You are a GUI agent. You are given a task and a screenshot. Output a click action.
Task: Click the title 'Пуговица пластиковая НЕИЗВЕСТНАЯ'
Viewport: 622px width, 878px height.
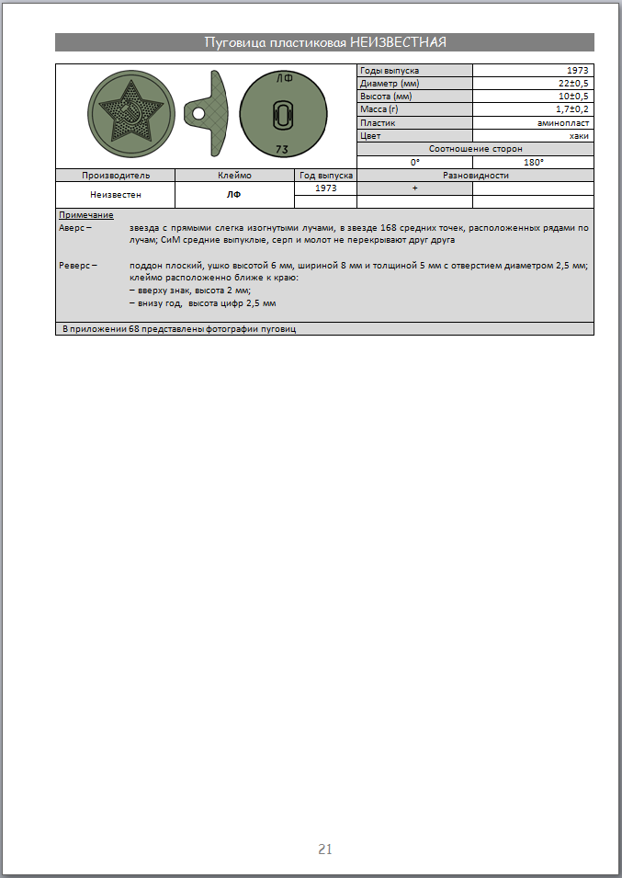(324, 42)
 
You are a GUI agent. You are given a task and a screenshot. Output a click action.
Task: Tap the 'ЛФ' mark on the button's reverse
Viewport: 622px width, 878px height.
(284, 79)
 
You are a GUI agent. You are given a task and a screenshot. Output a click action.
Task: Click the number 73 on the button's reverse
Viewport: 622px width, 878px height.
(284, 148)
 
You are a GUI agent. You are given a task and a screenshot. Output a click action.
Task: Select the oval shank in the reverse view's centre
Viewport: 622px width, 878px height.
(284, 115)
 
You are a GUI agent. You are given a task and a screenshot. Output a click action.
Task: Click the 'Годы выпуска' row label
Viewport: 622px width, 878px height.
(384, 71)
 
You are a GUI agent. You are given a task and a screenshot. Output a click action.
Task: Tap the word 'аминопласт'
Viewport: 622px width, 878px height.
(563, 122)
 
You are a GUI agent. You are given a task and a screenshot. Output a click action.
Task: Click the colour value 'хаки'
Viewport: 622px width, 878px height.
(580, 135)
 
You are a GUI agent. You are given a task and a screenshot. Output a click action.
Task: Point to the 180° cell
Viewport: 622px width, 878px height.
(533, 162)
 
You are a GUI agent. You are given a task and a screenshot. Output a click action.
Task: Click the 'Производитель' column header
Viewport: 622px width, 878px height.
(115, 175)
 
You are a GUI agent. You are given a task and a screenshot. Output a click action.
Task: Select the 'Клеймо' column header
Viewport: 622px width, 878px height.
(234, 175)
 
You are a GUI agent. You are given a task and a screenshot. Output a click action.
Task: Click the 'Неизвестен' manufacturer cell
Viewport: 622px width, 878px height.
(115, 194)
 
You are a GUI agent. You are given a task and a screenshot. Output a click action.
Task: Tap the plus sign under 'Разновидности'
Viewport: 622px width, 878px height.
(414, 188)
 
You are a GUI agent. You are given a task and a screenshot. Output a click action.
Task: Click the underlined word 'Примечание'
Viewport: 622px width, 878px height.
(85, 215)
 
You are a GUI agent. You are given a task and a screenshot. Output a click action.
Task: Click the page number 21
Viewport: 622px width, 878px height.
(324, 849)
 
